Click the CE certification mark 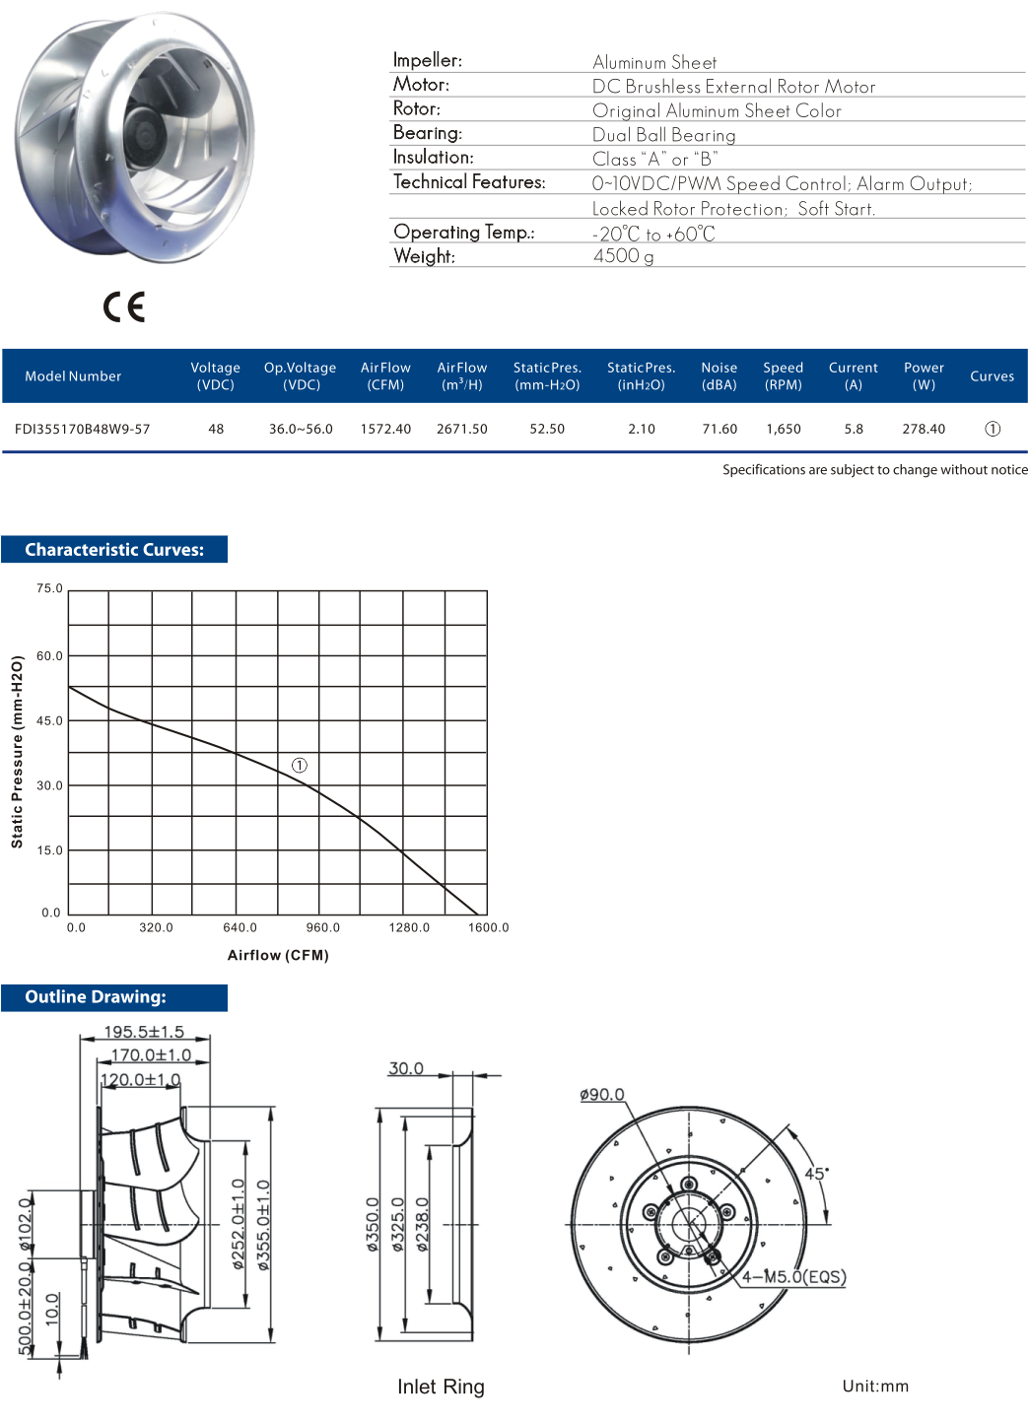[124, 307]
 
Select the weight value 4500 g [623, 256]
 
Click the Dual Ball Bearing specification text [663, 135]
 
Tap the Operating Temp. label [463, 233]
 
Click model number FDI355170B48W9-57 [83, 429]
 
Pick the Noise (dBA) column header [719, 375]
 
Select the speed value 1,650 [783, 429]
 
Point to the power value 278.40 [924, 429]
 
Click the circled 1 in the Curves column [992, 429]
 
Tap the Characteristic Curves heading [114, 550]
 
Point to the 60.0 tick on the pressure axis [49, 655]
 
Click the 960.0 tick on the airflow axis [322, 927]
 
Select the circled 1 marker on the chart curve [300, 765]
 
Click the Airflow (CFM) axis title [278, 955]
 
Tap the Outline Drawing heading [96, 997]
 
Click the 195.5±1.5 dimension [144, 1032]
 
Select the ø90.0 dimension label [602, 1095]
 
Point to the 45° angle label [816, 1174]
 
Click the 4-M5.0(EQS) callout [793, 1277]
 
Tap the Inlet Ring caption [441, 1387]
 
